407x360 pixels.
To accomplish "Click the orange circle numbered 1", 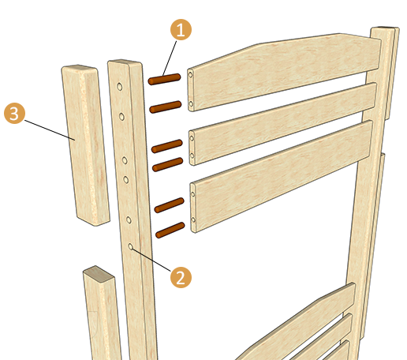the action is (x=181, y=29).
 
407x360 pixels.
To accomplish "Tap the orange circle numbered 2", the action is (x=181, y=277).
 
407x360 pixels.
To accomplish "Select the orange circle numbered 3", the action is (x=14, y=113).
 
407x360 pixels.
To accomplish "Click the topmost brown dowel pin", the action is (x=164, y=79).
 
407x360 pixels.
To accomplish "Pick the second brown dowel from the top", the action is (x=166, y=107).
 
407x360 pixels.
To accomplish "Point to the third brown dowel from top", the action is (x=167, y=146).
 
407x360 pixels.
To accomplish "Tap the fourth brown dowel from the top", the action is (x=168, y=164).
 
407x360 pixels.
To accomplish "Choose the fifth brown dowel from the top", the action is (x=170, y=205).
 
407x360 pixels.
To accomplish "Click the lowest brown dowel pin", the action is (x=170, y=231).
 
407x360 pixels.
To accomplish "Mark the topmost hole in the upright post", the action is (x=120, y=87).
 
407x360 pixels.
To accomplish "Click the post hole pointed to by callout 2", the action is (x=130, y=246).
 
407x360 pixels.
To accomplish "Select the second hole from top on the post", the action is (x=121, y=116).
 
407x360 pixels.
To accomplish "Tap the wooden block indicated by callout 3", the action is (x=85, y=144).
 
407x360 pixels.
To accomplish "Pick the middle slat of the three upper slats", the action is (x=282, y=124).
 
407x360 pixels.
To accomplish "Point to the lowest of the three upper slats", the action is (x=282, y=176).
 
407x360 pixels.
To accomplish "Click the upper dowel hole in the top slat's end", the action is (x=190, y=75).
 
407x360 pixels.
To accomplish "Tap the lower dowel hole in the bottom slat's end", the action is (x=193, y=219).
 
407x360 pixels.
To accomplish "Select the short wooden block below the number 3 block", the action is (x=101, y=313).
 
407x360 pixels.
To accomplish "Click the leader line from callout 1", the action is (x=170, y=58).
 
